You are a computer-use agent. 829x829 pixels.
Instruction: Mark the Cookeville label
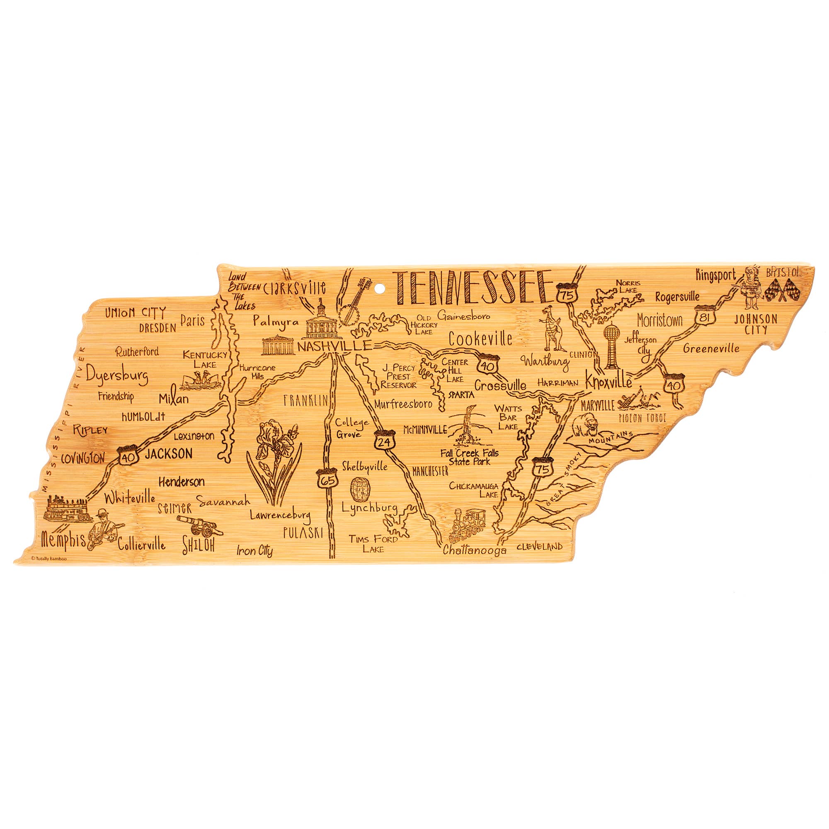480,339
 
